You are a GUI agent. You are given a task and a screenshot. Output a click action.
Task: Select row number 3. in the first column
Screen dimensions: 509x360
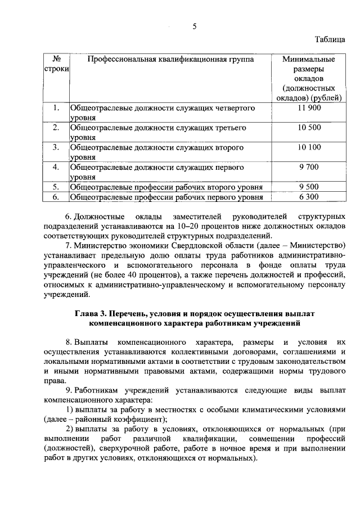pyautogui.click(x=56, y=147)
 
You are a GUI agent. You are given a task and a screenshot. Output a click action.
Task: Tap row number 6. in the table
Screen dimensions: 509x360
pyautogui.click(x=56, y=197)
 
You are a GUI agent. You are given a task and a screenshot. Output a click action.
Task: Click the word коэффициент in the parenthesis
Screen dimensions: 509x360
pyautogui.click(x=133, y=419)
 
